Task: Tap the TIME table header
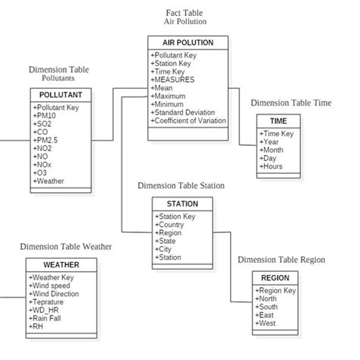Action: tap(278, 121)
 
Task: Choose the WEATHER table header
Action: tap(61, 265)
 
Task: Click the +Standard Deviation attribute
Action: tap(184, 112)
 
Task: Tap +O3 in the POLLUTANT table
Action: tap(42, 173)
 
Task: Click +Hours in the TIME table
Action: tap(273, 166)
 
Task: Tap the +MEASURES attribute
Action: tap(173, 79)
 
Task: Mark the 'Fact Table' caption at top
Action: tap(185, 14)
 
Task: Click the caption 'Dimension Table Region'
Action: tap(281, 260)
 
